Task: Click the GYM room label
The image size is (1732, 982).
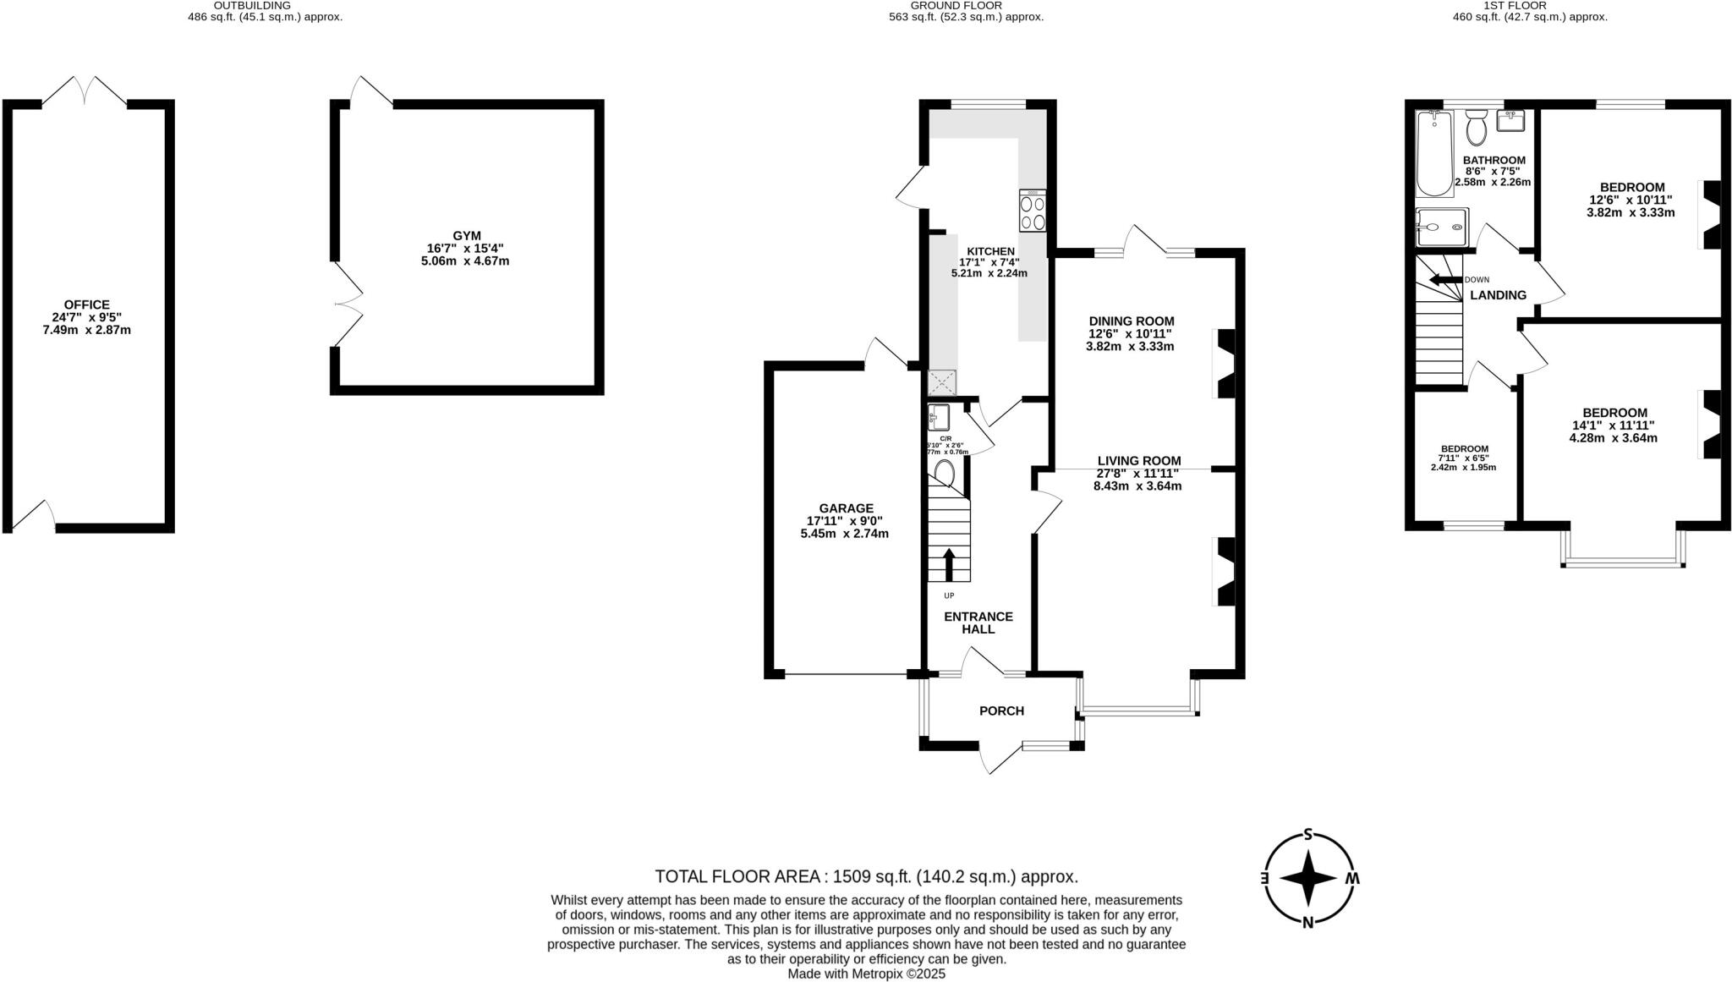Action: point(467,236)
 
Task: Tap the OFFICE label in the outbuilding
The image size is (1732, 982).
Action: point(86,304)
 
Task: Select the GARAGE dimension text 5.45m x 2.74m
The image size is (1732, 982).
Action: point(844,534)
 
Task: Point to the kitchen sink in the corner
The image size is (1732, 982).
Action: point(942,383)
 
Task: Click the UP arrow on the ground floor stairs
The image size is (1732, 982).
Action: point(949,564)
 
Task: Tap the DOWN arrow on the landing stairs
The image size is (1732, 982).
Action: point(1444,280)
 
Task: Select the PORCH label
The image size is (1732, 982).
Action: point(1001,710)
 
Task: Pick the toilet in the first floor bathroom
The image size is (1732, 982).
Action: point(1477,129)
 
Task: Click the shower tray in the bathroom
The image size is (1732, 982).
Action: point(1443,227)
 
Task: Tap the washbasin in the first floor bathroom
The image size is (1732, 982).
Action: point(1510,121)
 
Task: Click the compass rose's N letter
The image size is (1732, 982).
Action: point(1308,922)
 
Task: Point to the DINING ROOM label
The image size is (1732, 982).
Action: point(1131,321)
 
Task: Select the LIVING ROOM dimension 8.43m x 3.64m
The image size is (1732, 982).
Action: point(1137,486)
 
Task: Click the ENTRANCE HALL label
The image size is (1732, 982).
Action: point(978,623)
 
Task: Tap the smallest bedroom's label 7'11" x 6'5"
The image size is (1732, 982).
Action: point(1464,458)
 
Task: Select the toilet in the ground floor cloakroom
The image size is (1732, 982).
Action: point(945,475)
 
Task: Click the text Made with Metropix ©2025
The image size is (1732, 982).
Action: point(866,974)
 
